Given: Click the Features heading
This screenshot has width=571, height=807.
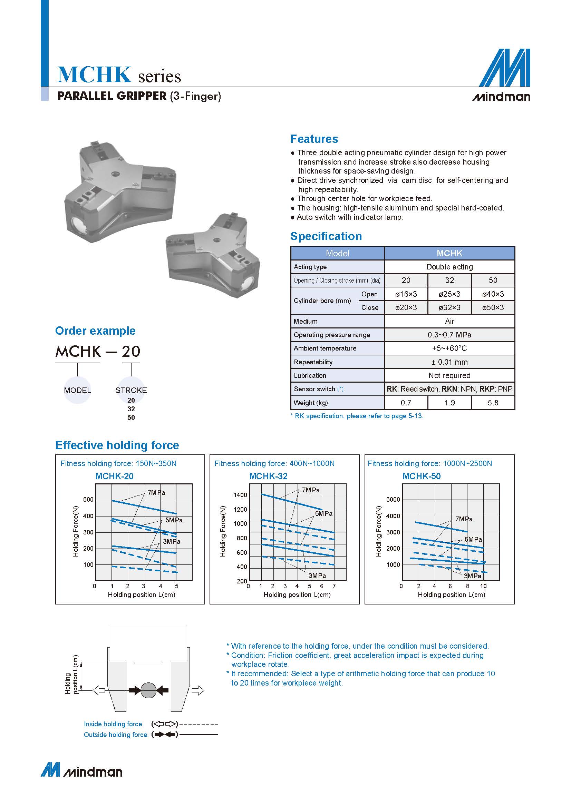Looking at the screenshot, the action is tap(314, 139).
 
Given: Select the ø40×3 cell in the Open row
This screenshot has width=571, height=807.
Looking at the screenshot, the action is tap(493, 294).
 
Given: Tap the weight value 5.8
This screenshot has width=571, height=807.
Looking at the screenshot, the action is tap(493, 402).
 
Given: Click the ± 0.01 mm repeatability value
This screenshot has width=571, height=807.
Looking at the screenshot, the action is tap(449, 362).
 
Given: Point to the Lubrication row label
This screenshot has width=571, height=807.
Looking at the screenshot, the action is tap(310, 375).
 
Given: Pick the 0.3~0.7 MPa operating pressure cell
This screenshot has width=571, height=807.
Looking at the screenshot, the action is tap(449, 335).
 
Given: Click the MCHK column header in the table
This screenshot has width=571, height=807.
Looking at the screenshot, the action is tap(449, 253).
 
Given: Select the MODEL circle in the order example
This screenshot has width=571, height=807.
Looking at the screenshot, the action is tap(77, 390).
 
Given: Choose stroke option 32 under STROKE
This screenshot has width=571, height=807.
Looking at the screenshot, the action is tap(131, 409).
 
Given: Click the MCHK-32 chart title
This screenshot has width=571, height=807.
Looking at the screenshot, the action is tap(268, 476).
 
